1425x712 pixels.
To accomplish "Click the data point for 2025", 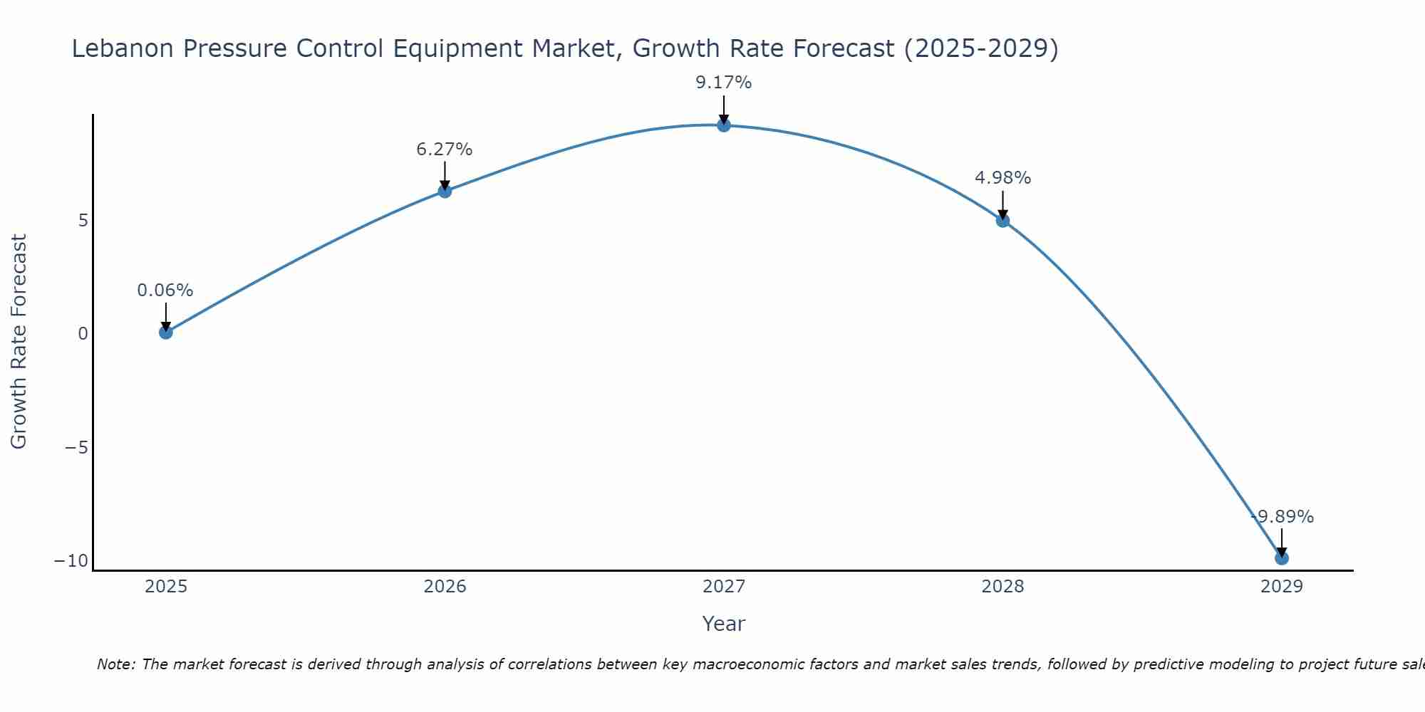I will click(x=166, y=332).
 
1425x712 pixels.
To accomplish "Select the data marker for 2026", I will click(x=445, y=191).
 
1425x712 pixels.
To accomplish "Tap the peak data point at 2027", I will click(x=724, y=125).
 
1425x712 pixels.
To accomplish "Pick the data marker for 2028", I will click(x=1002, y=221).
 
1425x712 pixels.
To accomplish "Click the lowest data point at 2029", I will click(x=1282, y=558).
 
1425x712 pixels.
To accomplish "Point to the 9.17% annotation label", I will click(x=724, y=83).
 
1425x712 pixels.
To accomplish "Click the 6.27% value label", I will click(x=445, y=150).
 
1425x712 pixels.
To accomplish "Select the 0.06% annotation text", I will click(x=165, y=290).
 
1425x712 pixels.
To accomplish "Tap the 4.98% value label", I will click(x=1002, y=178).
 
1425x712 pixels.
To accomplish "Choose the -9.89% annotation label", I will click(x=1282, y=517).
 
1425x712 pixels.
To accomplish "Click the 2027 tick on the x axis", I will click(x=724, y=587).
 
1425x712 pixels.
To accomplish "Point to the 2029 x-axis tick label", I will click(x=1282, y=587).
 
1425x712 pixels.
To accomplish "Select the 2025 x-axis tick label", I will click(x=166, y=587).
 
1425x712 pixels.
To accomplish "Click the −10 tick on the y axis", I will click(x=71, y=561).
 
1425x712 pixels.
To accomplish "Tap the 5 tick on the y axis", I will click(x=83, y=221).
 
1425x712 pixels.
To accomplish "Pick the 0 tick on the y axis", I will click(x=83, y=334).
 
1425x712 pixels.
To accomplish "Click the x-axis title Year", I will click(x=724, y=624).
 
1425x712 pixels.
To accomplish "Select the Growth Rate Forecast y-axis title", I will click(x=19, y=342).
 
